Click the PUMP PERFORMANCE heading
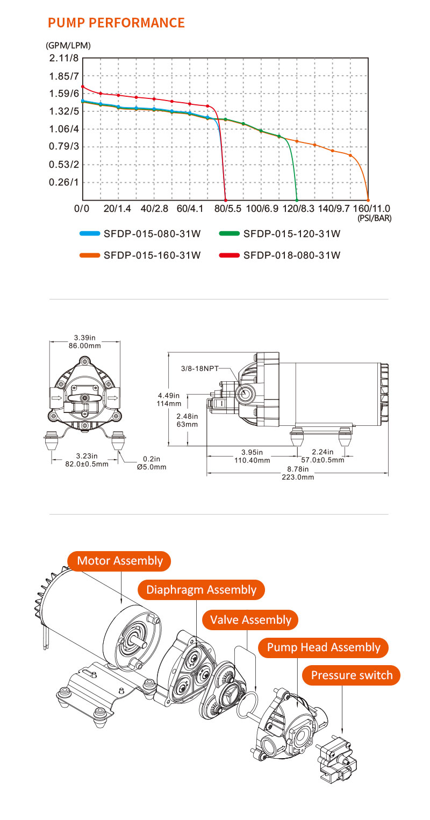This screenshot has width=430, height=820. point(116,23)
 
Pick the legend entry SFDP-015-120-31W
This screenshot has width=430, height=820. point(292,234)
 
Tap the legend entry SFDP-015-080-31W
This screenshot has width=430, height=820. point(152,234)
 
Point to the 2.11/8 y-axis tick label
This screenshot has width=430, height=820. point(63,58)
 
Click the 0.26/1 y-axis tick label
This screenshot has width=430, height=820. point(63,182)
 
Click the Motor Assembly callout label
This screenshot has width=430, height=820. point(120,561)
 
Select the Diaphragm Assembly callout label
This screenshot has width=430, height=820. point(202,590)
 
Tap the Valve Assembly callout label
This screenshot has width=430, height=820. point(250,619)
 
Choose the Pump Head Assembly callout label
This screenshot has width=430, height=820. point(324,647)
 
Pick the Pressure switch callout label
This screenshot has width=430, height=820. point(352,675)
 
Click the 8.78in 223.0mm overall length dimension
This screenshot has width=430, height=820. point(297,473)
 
